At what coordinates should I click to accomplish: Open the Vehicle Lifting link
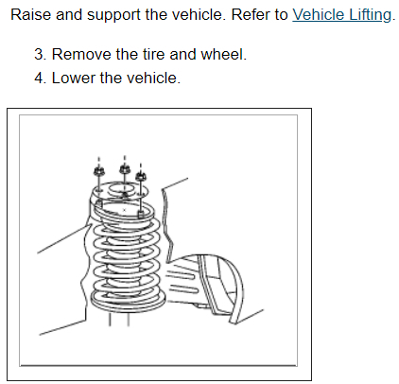[x=341, y=15]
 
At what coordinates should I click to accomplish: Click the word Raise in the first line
[x=30, y=15]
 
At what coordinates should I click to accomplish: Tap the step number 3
[x=40, y=54]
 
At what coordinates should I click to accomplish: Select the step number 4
[x=40, y=78]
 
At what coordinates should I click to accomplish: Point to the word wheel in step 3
[x=223, y=54]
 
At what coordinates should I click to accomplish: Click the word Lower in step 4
[x=73, y=78]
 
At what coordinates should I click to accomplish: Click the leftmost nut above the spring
[x=98, y=171]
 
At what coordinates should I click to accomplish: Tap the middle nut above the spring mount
[x=125, y=168]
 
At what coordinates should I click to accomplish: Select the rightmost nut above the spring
[x=141, y=177]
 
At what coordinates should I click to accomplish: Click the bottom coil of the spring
[x=129, y=300]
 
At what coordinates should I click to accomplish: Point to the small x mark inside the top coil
[x=124, y=210]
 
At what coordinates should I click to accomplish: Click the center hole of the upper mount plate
[x=121, y=190]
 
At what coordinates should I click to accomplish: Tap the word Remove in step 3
[x=81, y=54]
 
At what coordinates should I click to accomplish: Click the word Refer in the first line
[x=251, y=15]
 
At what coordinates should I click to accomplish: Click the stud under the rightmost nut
[x=141, y=197]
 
